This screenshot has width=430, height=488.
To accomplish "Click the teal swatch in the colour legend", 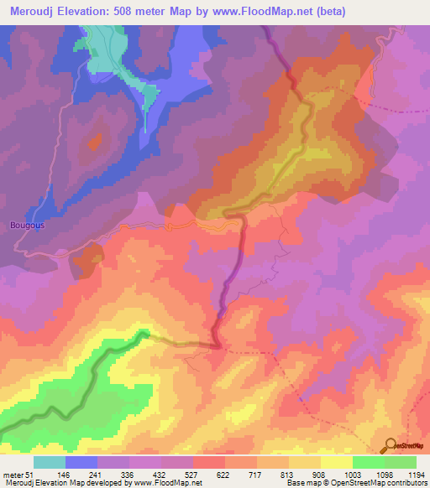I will (x=50, y=462).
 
